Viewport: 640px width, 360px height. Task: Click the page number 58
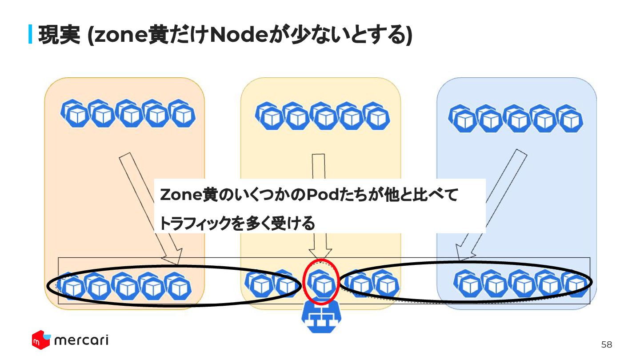coord(606,344)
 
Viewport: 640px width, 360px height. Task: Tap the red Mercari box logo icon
coord(40,340)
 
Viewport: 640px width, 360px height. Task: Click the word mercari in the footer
coord(81,340)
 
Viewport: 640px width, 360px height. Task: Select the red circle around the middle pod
coord(321,281)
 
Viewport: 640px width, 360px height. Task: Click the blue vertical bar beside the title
coord(31,35)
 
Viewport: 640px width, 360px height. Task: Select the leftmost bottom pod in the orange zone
coord(72,286)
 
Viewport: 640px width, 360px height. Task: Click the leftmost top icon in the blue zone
coord(462,118)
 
